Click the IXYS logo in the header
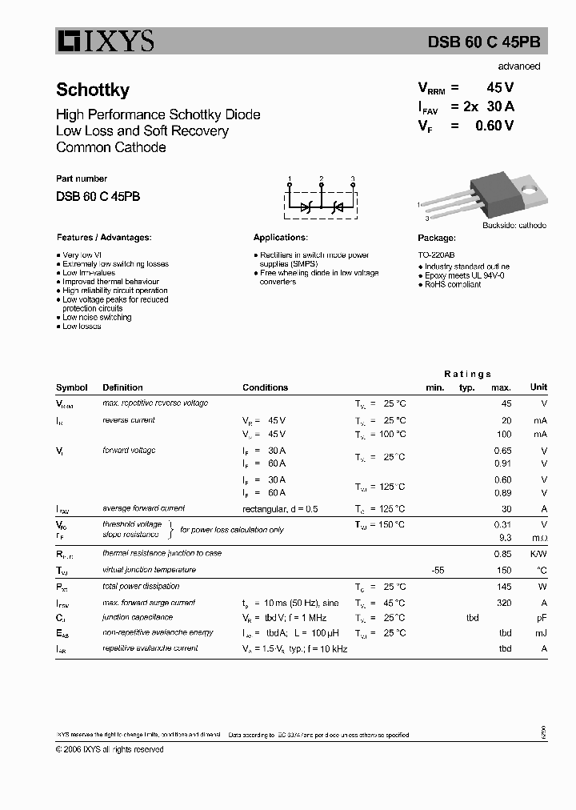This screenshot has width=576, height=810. pos(105,41)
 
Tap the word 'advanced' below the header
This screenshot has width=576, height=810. pos(518,66)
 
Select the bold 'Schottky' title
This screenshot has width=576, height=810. pos(93,90)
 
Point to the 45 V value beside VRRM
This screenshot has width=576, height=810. pos(500,89)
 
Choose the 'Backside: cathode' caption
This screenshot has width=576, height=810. pos(514,226)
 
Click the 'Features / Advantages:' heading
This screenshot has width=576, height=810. pos(104,238)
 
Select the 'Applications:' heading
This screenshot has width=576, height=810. pos(280,238)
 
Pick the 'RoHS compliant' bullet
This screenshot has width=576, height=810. pos(453,284)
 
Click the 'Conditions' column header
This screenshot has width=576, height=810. pos(265,387)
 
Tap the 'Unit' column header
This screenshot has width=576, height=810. pos(538,387)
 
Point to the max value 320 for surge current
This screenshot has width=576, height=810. pos(503,603)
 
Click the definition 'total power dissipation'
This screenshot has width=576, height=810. pos(142,586)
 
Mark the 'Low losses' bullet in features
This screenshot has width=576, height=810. pos(82,327)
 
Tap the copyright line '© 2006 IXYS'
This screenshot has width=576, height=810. pos(110,749)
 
